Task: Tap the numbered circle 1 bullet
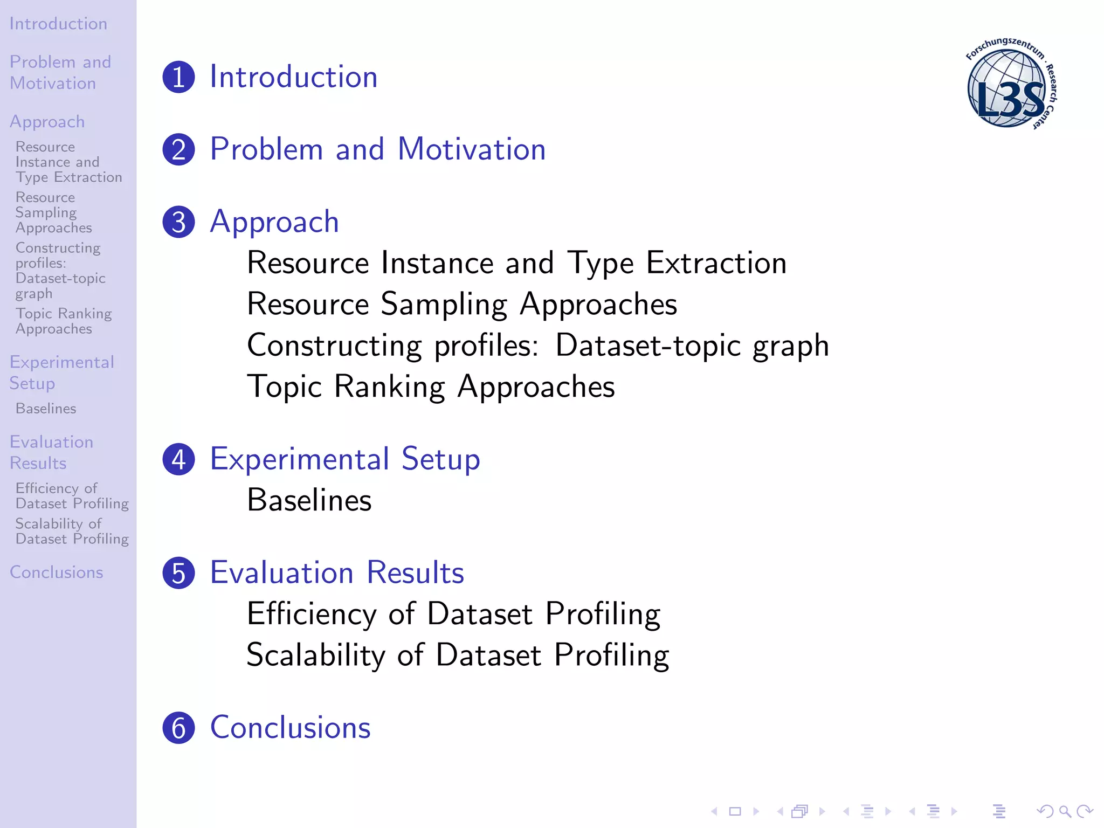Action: coord(178,77)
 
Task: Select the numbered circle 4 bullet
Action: coord(178,460)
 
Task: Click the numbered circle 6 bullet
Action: coord(178,728)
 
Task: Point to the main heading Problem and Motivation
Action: coord(377,149)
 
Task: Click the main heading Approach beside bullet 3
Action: coord(274,222)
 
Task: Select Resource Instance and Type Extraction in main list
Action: coord(516,263)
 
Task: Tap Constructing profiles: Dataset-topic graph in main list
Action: coord(537,346)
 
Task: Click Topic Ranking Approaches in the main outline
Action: coord(431,387)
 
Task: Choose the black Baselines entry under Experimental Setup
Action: coord(309,500)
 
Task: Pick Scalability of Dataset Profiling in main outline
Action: coord(458,655)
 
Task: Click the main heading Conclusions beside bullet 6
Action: coord(290,728)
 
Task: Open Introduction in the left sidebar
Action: coord(58,24)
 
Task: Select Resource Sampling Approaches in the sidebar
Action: coord(53,212)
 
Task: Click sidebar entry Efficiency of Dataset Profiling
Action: coord(72,496)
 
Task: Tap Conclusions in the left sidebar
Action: coord(56,572)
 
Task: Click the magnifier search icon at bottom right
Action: coord(1065,811)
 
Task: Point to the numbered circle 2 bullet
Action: coord(178,150)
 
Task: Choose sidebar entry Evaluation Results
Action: coord(51,453)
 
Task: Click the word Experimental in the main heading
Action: coord(300,459)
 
